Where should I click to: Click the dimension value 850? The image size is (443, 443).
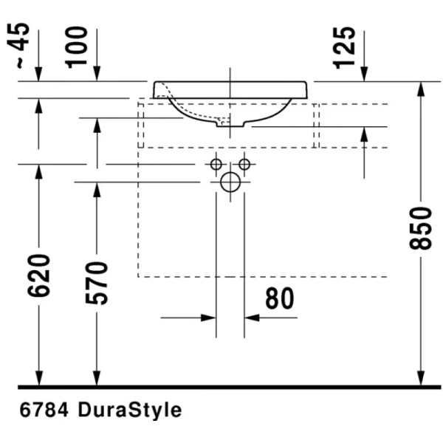(x=421, y=226)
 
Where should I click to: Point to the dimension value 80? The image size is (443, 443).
(x=279, y=298)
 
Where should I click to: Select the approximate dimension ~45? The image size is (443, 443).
(x=21, y=47)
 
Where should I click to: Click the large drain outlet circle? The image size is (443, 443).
(x=230, y=182)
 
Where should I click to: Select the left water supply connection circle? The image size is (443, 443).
(x=216, y=164)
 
